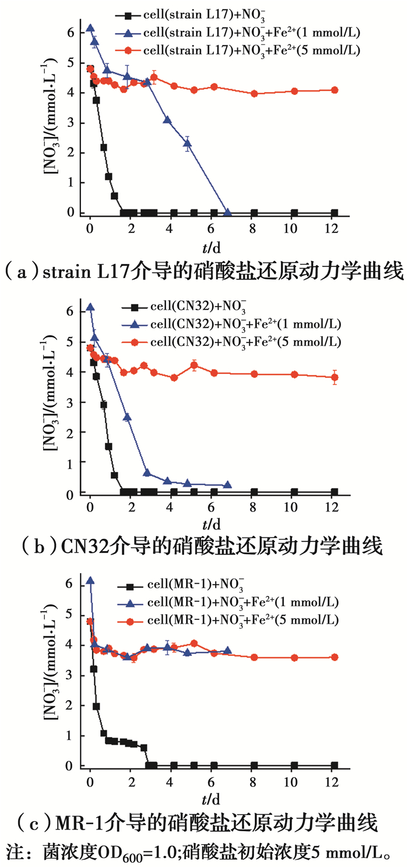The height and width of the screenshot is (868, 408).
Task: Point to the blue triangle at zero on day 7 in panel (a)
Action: [x=227, y=212]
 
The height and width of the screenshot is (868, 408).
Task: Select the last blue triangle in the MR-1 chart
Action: [x=227, y=651]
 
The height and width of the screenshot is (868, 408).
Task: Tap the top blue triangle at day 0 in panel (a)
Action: [x=90, y=28]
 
